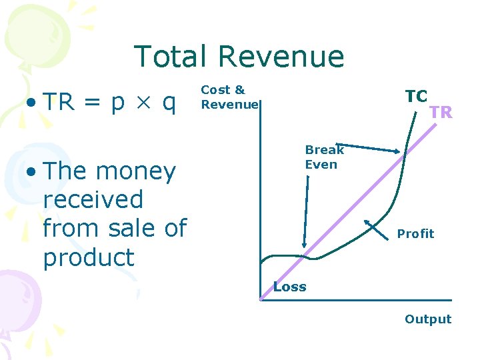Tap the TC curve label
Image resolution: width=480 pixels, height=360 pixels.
[416, 96]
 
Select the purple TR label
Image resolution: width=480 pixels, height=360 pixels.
[441, 112]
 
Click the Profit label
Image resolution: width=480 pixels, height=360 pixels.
[415, 233]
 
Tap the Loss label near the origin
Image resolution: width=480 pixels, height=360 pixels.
[289, 287]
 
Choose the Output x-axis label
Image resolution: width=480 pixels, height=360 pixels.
[427, 319]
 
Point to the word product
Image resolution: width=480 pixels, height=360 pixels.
[88, 257]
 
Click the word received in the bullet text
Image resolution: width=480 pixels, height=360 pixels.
[93, 200]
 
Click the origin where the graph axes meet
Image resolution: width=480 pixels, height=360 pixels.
[261, 300]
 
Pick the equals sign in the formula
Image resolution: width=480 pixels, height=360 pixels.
[93, 103]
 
